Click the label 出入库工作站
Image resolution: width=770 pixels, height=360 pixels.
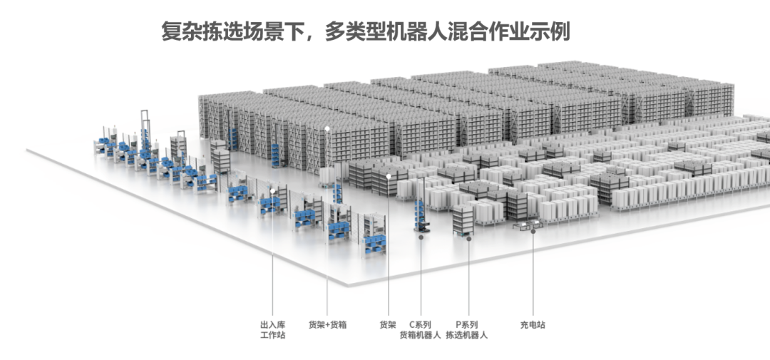coord(272,329)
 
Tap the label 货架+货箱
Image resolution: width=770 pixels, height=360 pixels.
coord(327,324)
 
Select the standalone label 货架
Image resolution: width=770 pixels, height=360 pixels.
coord(387,324)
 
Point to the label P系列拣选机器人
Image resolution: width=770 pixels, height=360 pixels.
coord(467,329)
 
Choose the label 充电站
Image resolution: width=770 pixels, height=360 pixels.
coord(533,324)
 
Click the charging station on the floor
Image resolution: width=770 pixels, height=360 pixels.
coord(528,226)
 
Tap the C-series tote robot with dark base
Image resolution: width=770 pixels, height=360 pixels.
coord(421,214)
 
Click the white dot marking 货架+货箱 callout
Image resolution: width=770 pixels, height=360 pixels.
coord(327,129)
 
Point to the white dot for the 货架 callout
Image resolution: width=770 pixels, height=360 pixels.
coord(389,175)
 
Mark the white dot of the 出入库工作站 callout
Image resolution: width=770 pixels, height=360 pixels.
coord(272,190)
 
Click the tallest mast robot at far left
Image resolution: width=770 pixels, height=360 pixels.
coord(145,132)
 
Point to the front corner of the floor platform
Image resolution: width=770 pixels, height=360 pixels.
coord(347,284)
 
